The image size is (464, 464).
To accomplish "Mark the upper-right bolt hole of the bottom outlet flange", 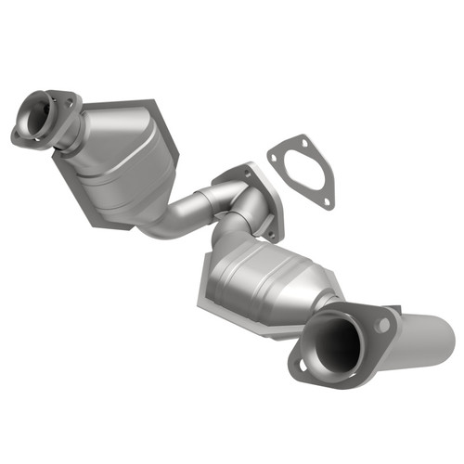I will [380, 325].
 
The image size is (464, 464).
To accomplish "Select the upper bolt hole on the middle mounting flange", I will [248, 170].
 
